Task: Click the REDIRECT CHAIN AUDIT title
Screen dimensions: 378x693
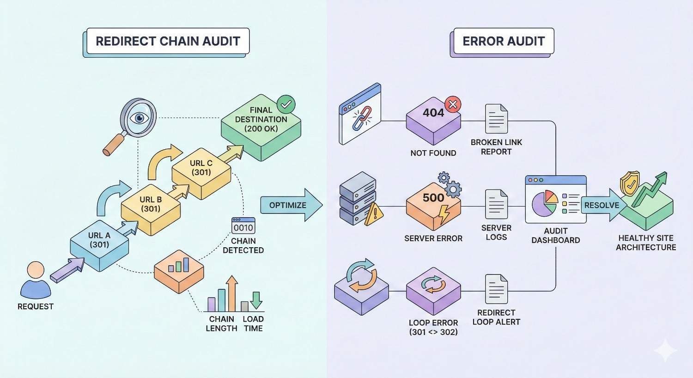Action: pyautogui.click(x=168, y=41)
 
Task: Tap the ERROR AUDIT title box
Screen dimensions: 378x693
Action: pyautogui.click(x=504, y=41)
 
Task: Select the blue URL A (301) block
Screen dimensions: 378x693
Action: pyautogui.click(x=99, y=243)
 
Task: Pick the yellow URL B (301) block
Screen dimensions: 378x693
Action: pyautogui.click(x=151, y=207)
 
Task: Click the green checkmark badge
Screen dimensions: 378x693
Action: pyautogui.click(x=286, y=104)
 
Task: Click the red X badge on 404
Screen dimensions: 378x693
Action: pyautogui.click(x=453, y=104)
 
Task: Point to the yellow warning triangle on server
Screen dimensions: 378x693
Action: pyautogui.click(x=374, y=215)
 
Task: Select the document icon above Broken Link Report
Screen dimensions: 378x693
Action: pyautogui.click(x=496, y=119)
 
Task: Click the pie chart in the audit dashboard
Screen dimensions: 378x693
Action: pyautogui.click(x=545, y=204)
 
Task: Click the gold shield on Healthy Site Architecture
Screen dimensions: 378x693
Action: pyautogui.click(x=630, y=183)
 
